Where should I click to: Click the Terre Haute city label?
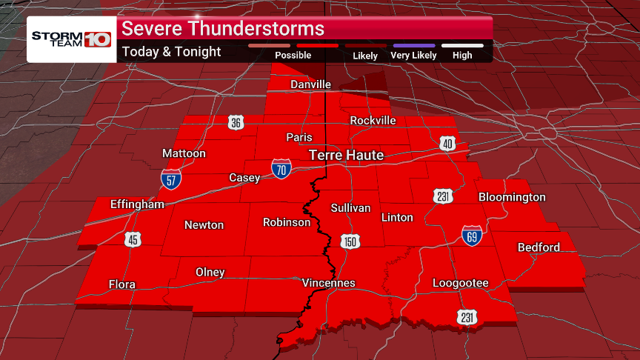pos(346,155)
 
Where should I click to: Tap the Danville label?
pos(310,84)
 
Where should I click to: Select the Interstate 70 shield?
pos(281,168)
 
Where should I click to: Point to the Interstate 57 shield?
pos(170,178)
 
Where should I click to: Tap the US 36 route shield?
pos(235,123)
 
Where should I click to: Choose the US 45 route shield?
pos(133,239)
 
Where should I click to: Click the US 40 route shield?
pos(447,143)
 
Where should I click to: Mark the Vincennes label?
pos(329,283)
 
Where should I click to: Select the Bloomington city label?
pos(512,197)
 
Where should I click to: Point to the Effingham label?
pos(137,204)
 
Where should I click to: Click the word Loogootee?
pos(461,283)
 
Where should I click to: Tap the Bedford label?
pos(539,247)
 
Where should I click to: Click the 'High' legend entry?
pos(462,55)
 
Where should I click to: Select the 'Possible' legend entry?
pos(293,55)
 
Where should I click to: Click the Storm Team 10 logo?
pos(71,39)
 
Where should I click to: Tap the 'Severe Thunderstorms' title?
pos(223,29)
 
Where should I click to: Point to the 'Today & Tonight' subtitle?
pos(171,52)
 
